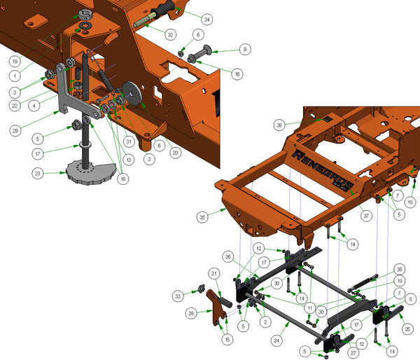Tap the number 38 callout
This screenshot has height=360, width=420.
click(279, 125)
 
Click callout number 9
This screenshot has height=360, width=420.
click(244, 50)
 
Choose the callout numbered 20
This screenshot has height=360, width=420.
click(175, 153)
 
